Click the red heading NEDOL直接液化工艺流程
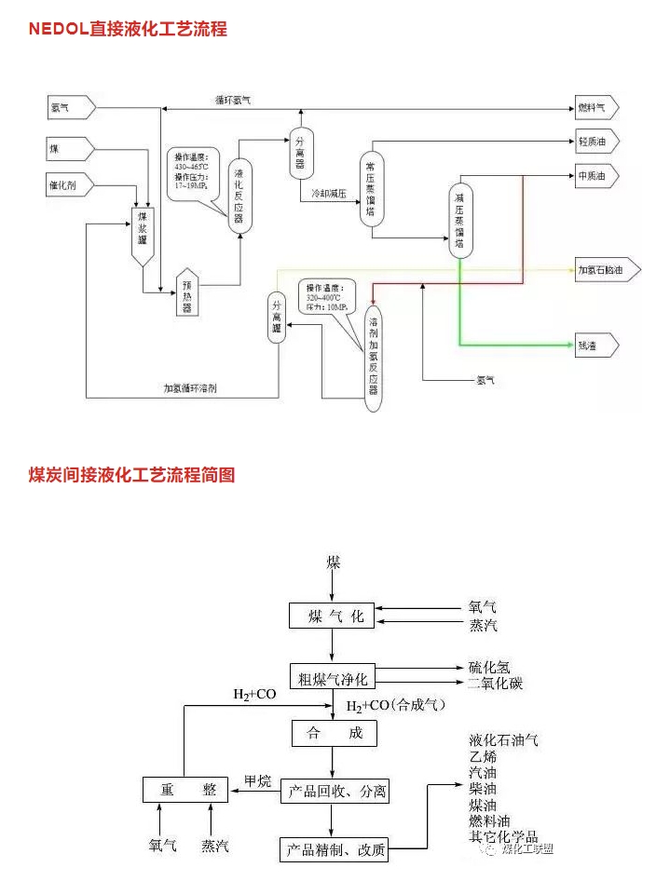click(128, 29)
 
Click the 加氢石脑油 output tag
click(608, 270)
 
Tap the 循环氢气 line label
click(233, 99)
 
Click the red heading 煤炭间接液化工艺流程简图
click(131, 475)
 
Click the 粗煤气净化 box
click(333, 677)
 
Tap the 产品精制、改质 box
click(334, 850)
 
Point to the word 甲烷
click(256, 779)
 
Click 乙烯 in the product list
click(483, 756)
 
